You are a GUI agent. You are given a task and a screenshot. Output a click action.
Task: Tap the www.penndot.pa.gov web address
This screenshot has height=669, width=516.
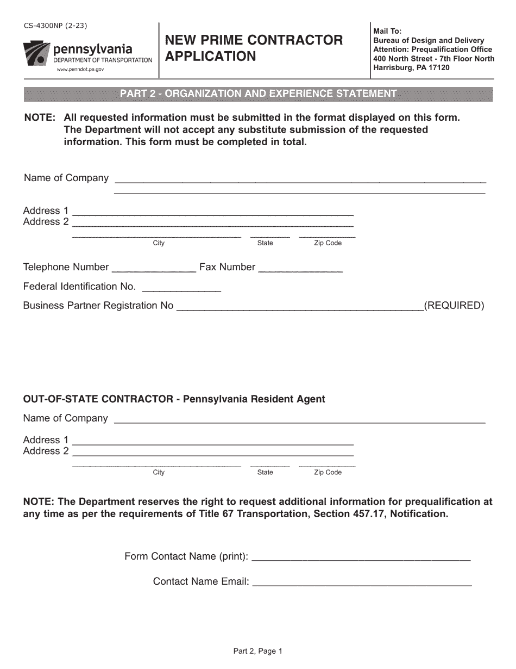[x=80, y=70]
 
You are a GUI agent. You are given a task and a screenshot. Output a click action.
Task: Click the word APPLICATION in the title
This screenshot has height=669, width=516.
[x=210, y=57]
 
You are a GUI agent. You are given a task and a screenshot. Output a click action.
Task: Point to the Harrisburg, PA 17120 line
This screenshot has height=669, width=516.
[x=411, y=68]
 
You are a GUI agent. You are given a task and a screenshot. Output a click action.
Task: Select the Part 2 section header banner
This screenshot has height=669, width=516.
[x=258, y=94]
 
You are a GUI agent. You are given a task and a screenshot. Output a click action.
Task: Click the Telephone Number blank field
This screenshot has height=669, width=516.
[x=154, y=268]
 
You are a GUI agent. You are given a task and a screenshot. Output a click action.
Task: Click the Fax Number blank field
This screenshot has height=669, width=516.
[x=300, y=268]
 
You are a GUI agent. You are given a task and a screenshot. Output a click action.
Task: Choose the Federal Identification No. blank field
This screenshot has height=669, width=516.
[x=181, y=287]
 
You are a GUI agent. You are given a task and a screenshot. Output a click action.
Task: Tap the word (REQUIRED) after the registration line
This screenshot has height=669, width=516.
[x=454, y=306]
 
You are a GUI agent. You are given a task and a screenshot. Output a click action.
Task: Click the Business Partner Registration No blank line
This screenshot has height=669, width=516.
[x=300, y=306]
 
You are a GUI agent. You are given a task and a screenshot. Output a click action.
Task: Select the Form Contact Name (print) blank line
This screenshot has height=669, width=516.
[x=361, y=556]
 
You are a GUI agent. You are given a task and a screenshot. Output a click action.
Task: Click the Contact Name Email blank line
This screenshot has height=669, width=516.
[x=362, y=581]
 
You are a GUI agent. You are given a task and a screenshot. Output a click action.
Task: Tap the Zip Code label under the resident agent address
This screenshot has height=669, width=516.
[x=328, y=473]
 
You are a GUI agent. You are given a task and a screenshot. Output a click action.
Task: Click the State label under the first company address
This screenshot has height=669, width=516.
[x=265, y=243]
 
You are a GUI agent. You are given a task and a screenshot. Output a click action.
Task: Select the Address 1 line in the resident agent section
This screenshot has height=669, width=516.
[x=213, y=440]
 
